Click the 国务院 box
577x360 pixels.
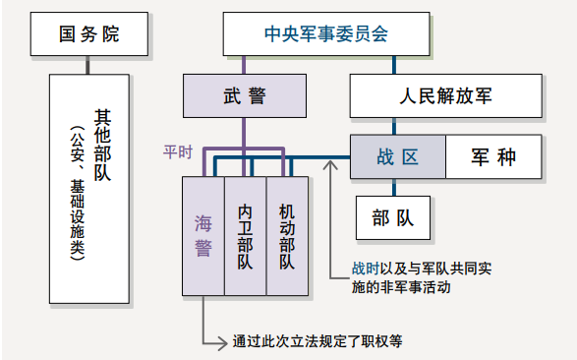click(87, 34)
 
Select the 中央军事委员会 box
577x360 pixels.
click(326, 34)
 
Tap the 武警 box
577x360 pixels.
click(238, 96)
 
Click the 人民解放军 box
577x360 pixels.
click(445, 96)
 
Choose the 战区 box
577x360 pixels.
click(397, 157)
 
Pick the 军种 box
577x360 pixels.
click(493, 157)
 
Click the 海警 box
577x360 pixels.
click(202, 236)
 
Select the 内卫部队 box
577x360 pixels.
click(245, 236)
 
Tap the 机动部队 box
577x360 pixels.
click(287, 236)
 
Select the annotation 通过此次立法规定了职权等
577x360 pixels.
click(317, 341)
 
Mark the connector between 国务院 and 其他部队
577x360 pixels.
click(87, 65)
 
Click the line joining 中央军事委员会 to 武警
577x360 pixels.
click(238, 65)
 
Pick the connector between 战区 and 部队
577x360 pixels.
click(397, 187)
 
